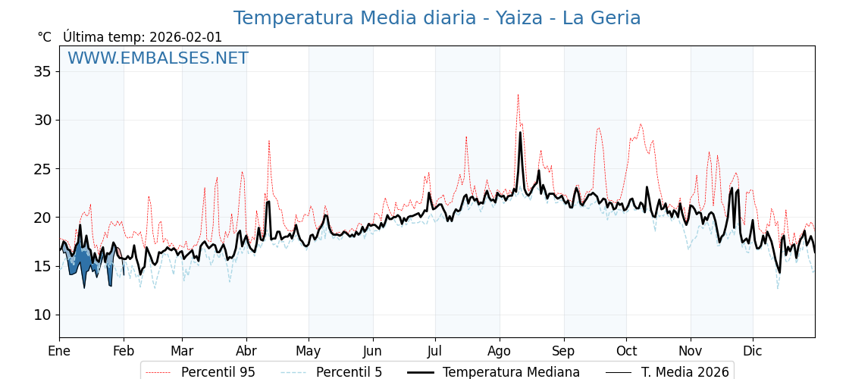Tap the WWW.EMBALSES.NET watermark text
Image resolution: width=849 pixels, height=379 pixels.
[158, 58]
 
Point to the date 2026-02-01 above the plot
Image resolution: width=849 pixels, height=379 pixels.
[186, 37]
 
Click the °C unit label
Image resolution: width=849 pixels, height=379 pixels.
[44, 37]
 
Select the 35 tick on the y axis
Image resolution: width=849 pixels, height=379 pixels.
[42, 71]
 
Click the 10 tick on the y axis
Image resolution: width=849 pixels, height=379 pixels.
[42, 315]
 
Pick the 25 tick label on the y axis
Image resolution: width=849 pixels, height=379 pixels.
[42, 168]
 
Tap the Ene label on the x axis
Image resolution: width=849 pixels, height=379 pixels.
[59, 351]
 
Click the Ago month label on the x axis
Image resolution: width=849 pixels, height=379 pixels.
[500, 351]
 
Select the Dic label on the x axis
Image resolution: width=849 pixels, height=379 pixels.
[753, 351]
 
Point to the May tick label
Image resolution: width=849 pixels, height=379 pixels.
[309, 351]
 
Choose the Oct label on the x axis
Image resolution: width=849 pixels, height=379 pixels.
[626, 351]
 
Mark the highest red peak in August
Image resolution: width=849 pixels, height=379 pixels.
[518, 96]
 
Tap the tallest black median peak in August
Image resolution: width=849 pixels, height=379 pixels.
[520, 133]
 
